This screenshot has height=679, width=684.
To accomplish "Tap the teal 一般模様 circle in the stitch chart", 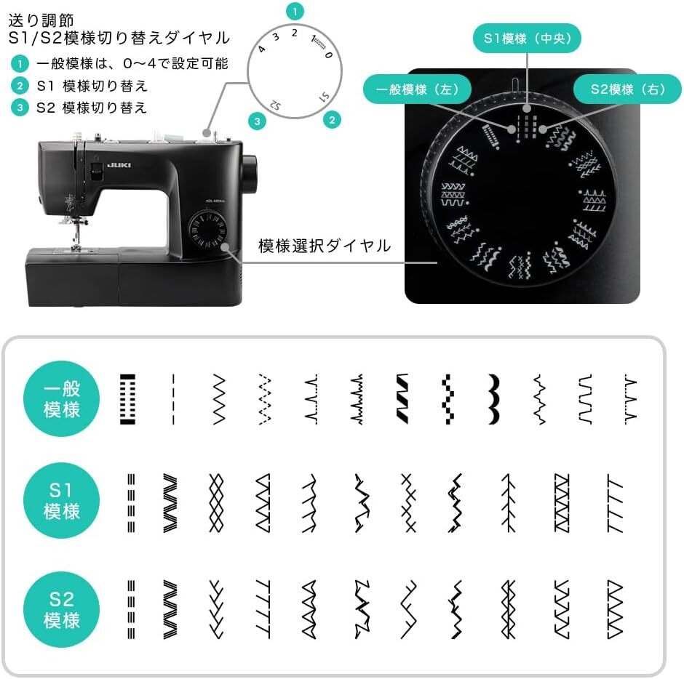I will pyautogui.click(x=62, y=401).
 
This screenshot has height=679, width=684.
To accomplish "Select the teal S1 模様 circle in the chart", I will pyautogui.click(x=62, y=502).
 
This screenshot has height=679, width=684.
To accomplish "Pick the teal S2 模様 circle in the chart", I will pyautogui.click(x=62, y=609).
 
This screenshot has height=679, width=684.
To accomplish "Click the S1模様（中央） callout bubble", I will pyautogui.click(x=528, y=39).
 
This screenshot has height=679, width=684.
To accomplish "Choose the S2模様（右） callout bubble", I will pyautogui.click(x=627, y=90).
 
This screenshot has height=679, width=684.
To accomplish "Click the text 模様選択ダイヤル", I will pyautogui.click(x=325, y=246).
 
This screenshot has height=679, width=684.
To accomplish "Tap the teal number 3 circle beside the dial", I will pyautogui.click(x=256, y=121).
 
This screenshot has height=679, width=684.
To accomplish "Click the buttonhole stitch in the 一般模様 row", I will pyautogui.click(x=127, y=399).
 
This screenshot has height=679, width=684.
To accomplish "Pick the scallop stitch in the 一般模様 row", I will pyautogui.click(x=494, y=399).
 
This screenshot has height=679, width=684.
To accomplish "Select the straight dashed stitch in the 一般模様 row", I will pyautogui.click(x=173, y=399).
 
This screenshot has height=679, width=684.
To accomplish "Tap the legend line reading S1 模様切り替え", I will pyautogui.click(x=92, y=86).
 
